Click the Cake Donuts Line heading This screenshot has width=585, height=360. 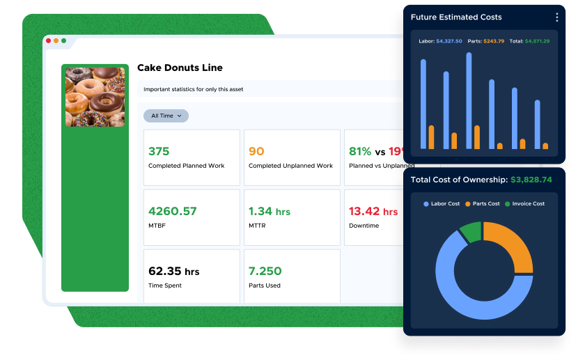tap(180, 68)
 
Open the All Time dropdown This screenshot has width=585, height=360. tap(166, 116)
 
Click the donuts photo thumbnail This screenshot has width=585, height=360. tap(95, 96)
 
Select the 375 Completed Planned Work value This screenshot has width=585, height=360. tap(159, 151)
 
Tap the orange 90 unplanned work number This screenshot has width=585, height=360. tap(256, 151)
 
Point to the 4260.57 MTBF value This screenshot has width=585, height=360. tap(173, 211)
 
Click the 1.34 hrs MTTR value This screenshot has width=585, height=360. tap(270, 211)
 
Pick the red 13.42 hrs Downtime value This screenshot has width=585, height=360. tap(373, 211)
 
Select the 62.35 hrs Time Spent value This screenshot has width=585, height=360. tap(174, 271)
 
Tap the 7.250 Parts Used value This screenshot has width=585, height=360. tap(265, 271)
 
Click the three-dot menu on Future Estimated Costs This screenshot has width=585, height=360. tap(556, 17)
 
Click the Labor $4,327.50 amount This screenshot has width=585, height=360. tap(449, 41)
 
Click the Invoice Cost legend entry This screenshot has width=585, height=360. tap(524, 204)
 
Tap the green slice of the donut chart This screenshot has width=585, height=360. tap(471, 233)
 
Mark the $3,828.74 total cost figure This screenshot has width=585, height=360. tap(531, 180)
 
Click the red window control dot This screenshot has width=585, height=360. tap(49, 40)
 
